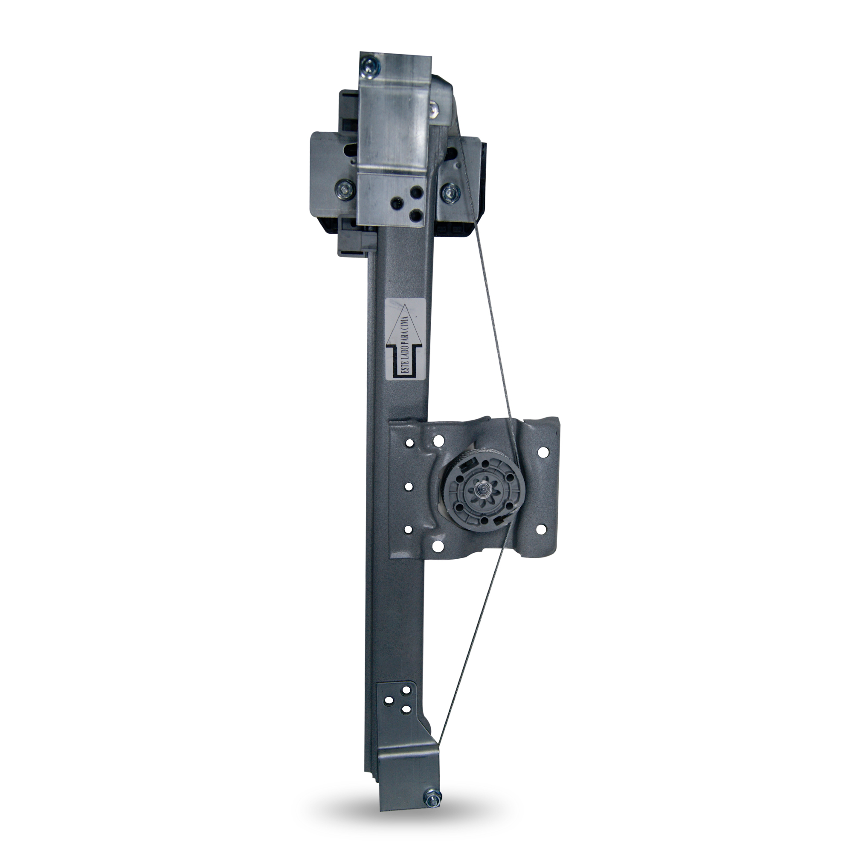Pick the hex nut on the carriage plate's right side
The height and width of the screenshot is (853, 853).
tap(450, 191)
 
